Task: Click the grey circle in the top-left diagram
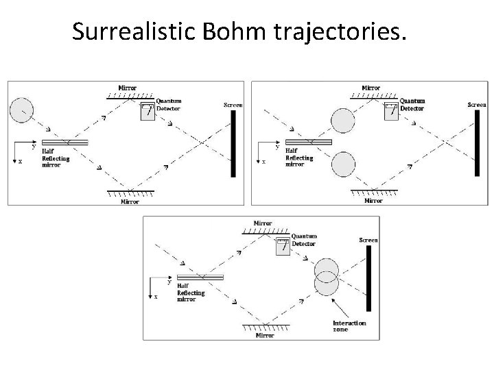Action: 21,110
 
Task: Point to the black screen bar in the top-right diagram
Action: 477,143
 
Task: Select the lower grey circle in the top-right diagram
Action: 342,165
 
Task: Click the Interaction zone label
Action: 350,325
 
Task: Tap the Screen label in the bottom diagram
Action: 368,241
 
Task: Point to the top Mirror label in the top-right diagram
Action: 371,88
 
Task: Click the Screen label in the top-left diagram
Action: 233,106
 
